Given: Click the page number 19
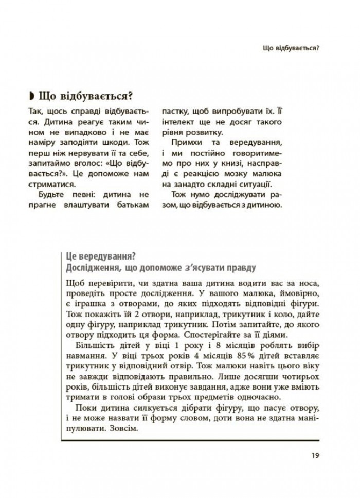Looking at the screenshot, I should coord(315,455).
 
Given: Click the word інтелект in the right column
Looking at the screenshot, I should coord(178,121).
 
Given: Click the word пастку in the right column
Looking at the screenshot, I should coord(175,111).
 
